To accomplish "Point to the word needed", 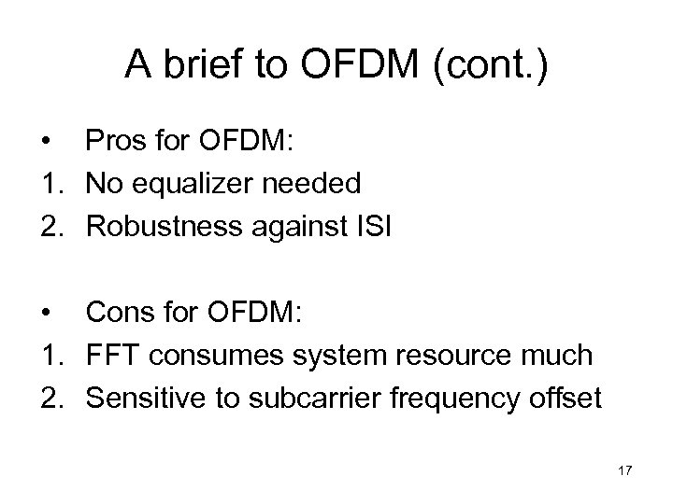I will (313, 183).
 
